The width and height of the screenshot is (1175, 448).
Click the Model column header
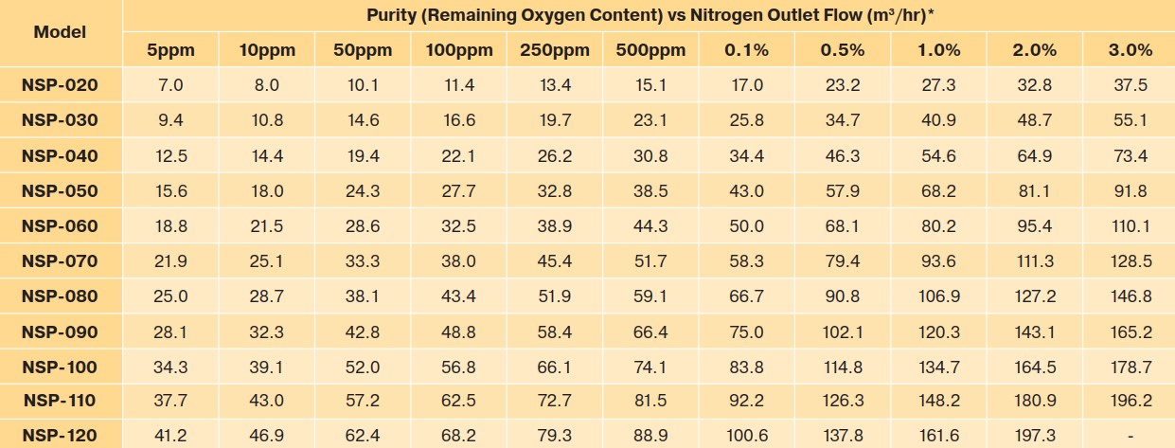(60, 31)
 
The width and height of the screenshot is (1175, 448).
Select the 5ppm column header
(170, 50)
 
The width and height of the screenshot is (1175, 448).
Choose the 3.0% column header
(1130, 50)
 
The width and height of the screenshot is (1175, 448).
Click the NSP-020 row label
(60, 85)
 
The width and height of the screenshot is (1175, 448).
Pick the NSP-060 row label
(60, 225)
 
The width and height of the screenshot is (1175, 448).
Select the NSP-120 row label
(60, 436)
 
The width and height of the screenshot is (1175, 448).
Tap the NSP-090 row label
(60, 331)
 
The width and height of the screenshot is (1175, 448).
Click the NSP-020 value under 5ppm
(170, 85)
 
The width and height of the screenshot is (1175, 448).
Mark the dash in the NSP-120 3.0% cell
(1130, 436)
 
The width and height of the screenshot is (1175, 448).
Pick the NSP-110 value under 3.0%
(1130, 401)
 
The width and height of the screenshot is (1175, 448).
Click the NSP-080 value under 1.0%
(938, 296)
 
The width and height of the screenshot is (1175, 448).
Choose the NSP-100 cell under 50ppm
(363, 366)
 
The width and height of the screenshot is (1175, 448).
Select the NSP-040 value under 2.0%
(1034, 155)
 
